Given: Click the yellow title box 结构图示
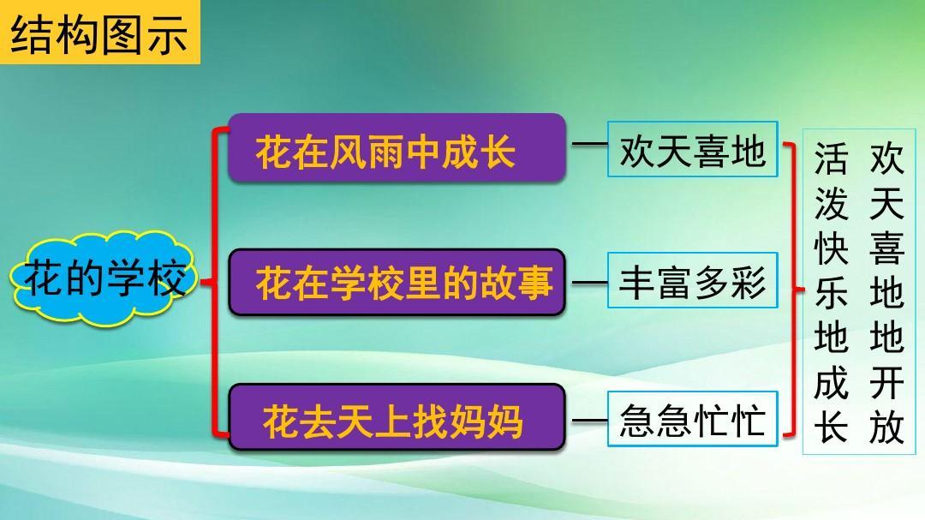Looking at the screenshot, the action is (x=99, y=32).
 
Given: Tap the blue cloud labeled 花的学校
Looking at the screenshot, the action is (x=104, y=279).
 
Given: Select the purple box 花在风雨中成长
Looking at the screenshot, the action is (x=397, y=147).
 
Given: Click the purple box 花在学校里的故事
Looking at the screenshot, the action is (x=397, y=282).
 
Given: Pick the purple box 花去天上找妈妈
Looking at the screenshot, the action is (x=397, y=417).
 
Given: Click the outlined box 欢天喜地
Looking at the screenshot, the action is (x=693, y=149).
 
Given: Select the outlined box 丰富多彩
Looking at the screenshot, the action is (x=693, y=280).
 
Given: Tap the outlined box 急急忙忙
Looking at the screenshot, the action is (x=693, y=419).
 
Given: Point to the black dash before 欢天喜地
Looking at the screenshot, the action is (x=589, y=143).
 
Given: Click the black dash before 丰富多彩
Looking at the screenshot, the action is (x=589, y=283).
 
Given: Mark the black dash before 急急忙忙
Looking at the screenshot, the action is (x=589, y=421).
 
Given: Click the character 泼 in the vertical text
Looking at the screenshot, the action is (x=831, y=204).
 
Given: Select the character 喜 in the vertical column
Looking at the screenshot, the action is (x=886, y=248).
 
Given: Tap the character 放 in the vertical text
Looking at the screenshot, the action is (x=886, y=427).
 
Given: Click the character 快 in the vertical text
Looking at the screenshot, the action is (x=831, y=248).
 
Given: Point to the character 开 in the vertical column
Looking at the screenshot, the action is (x=886, y=382).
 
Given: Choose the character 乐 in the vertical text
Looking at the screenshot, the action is (x=831, y=293).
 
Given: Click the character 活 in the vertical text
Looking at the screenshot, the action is (x=831, y=158).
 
